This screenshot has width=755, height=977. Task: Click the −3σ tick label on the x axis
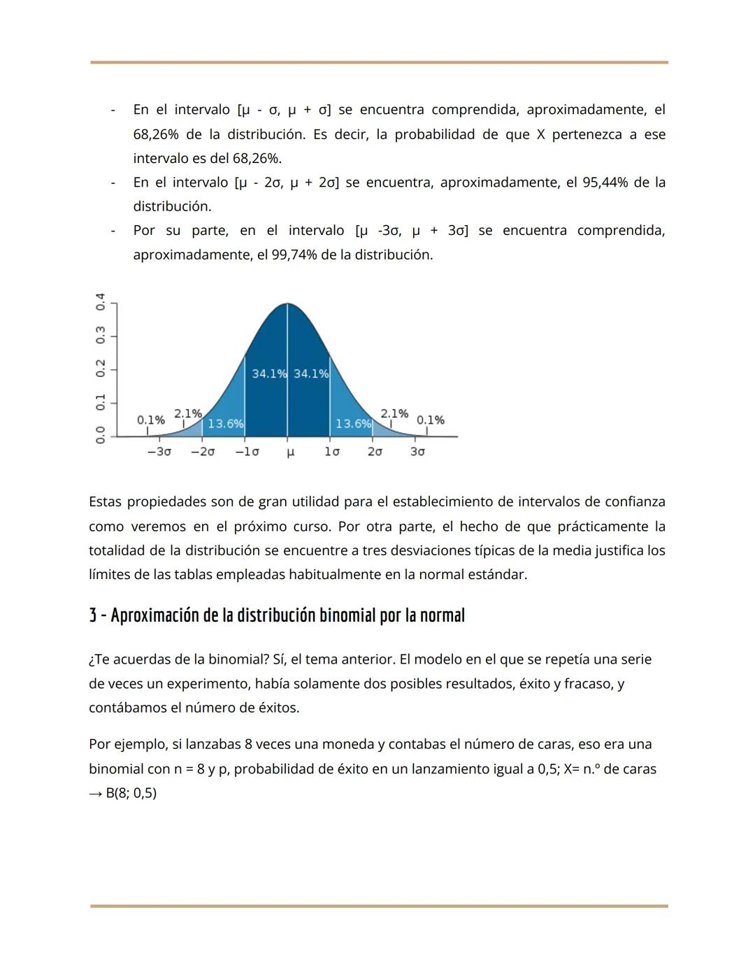159,452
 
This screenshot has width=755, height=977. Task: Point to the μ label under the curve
290,452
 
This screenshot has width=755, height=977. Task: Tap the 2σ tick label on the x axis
375,452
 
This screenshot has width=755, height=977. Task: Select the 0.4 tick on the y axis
101,302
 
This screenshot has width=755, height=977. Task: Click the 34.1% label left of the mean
268,373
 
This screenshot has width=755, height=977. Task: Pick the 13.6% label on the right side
353,424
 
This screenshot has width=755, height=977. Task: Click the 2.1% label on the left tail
187,413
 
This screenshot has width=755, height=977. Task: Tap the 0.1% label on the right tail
430,420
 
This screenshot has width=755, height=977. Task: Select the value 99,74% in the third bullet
294,255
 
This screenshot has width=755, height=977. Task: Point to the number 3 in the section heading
93,615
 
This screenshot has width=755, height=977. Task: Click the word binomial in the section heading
347,615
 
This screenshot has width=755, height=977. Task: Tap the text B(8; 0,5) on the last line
131,793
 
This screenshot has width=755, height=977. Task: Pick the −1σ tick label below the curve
247,452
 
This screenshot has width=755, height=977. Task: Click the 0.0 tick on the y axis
101,434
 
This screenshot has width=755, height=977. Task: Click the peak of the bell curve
287,305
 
